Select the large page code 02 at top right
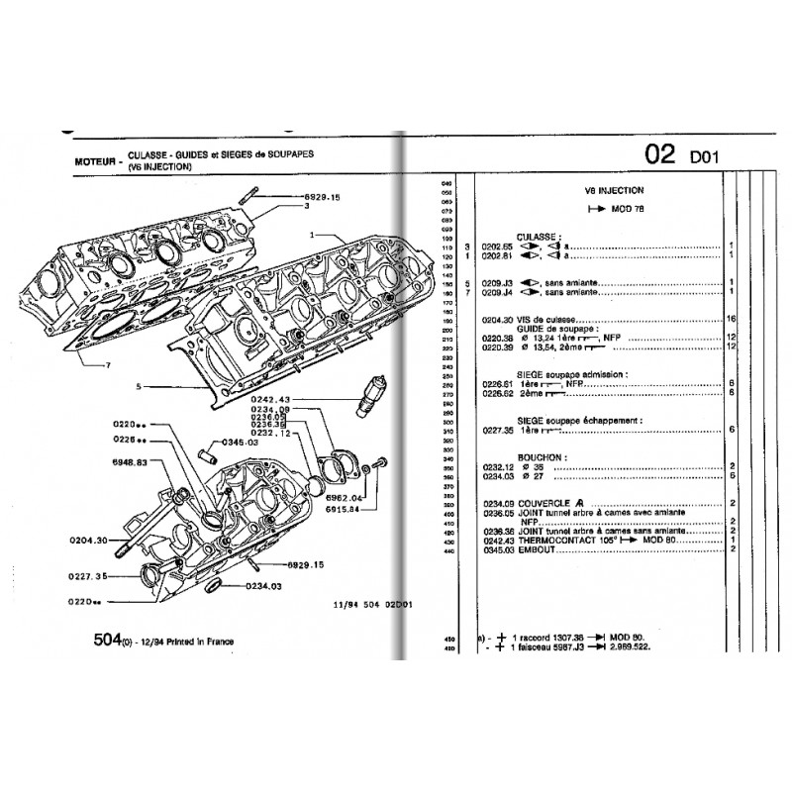point(660,154)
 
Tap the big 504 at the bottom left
point(101,642)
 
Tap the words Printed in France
point(197,642)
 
